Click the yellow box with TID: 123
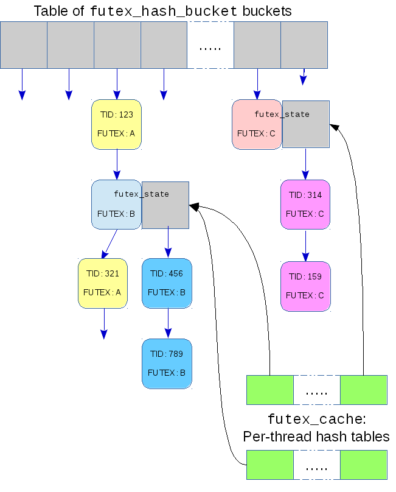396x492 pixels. click(116, 124)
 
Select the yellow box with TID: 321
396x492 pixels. click(103, 283)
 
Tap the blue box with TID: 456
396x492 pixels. click(167, 283)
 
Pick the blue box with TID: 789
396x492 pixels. click(167, 364)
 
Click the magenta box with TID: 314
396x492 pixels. click(305, 205)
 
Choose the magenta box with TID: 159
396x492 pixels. click(305, 286)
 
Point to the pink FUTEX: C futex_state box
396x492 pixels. click(257, 125)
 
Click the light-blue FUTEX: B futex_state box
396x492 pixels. click(116, 205)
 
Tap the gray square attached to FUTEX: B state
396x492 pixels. click(165, 205)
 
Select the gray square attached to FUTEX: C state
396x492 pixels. click(306, 125)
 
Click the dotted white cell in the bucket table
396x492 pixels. click(210, 45)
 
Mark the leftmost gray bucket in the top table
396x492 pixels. click(24, 45)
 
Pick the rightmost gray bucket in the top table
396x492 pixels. click(304, 45)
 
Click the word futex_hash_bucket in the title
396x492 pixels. click(164, 11)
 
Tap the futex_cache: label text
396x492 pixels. click(316, 420)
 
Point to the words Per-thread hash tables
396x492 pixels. click(316, 437)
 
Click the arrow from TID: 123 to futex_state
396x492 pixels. click(117, 164)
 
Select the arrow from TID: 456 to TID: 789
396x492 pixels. click(167, 323)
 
